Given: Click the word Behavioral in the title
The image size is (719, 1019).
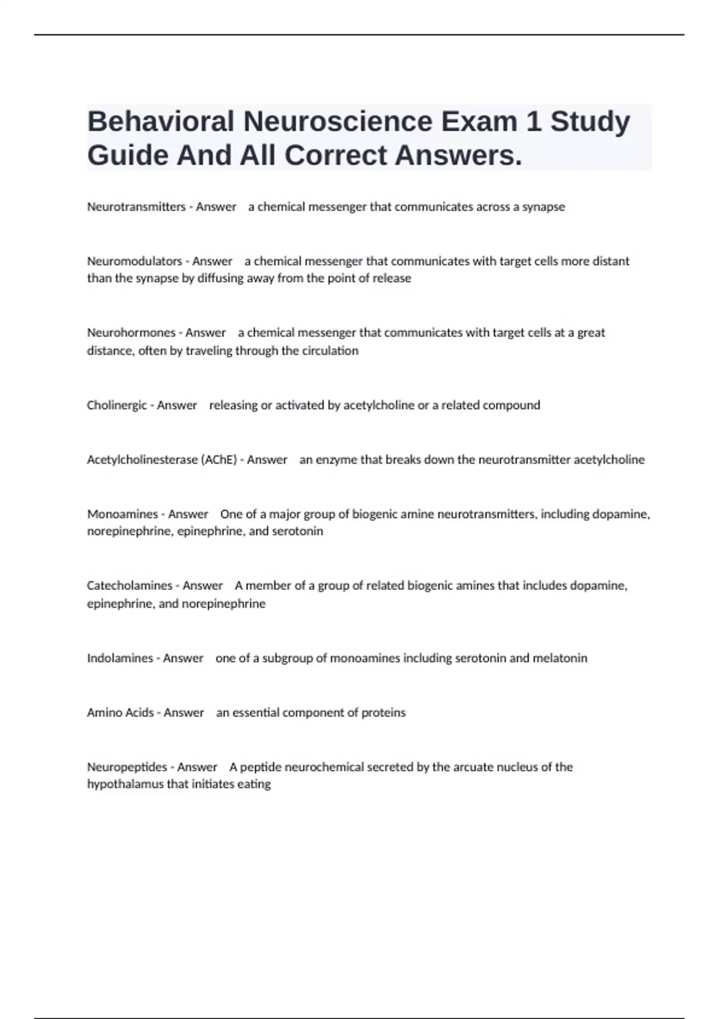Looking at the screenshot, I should pyautogui.click(x=161, y=122).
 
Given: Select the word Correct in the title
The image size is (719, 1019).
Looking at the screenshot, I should pyautogui.click(x=336, y=156).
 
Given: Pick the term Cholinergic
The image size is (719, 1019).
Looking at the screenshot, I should pyautogui.click(x=117, y=405).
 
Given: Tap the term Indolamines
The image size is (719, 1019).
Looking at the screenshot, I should pyautogui.click(x=120, y=658).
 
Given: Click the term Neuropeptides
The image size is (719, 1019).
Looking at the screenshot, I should pyautogui.click(x=127, y=767).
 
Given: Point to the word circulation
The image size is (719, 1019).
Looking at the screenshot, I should pyautogui.click(x=330, y=351).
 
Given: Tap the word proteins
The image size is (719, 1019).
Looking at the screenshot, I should pyautogui.click(x=383, y=713).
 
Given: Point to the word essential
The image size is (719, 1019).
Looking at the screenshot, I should pyautogui.click(x=255, y=713).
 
